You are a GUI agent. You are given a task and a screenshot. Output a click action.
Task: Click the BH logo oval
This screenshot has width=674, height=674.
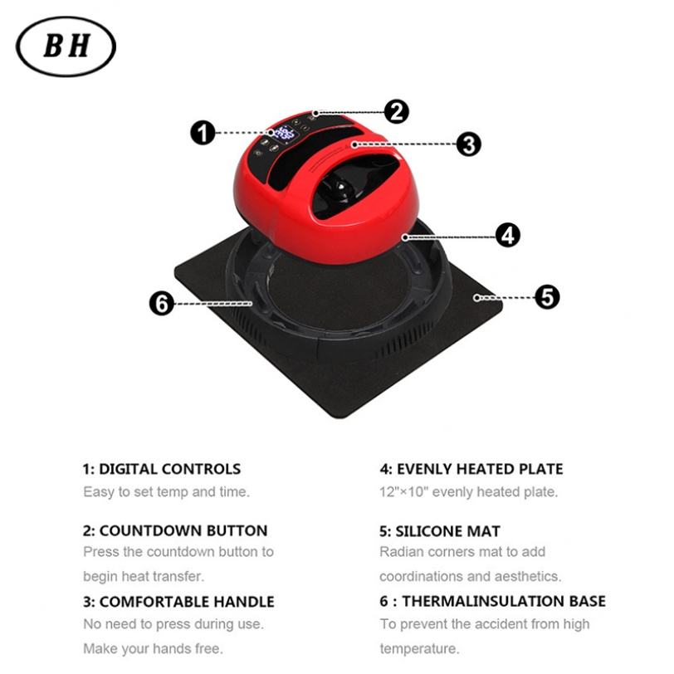66,46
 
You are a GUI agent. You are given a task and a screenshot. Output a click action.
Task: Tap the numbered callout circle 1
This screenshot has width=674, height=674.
203,132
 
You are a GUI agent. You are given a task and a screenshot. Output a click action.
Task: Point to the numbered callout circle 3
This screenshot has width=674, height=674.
468,144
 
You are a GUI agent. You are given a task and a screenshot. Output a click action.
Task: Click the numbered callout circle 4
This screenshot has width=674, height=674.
507,235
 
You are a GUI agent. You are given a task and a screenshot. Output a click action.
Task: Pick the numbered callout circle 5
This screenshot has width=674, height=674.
546,296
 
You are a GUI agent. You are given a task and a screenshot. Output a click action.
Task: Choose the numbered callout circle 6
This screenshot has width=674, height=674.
162,304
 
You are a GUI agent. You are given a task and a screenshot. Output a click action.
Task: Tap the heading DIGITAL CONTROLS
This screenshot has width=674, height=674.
162,469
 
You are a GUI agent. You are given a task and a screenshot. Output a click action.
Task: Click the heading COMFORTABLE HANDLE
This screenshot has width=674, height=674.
178,602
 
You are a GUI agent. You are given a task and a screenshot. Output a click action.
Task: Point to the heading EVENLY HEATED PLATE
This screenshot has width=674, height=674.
471,469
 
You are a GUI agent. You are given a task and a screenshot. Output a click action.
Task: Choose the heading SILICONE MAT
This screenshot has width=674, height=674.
440,530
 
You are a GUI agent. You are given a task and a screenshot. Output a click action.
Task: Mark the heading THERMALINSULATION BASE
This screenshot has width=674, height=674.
493,601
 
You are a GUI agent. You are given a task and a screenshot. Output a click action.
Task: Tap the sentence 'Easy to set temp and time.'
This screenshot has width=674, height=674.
165,491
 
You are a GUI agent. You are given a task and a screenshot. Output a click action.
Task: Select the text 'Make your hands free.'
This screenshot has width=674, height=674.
152,647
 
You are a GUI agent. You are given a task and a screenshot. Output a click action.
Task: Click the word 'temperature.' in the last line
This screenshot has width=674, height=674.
419,647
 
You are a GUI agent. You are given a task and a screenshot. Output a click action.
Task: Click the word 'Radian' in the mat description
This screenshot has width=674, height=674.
402,551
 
